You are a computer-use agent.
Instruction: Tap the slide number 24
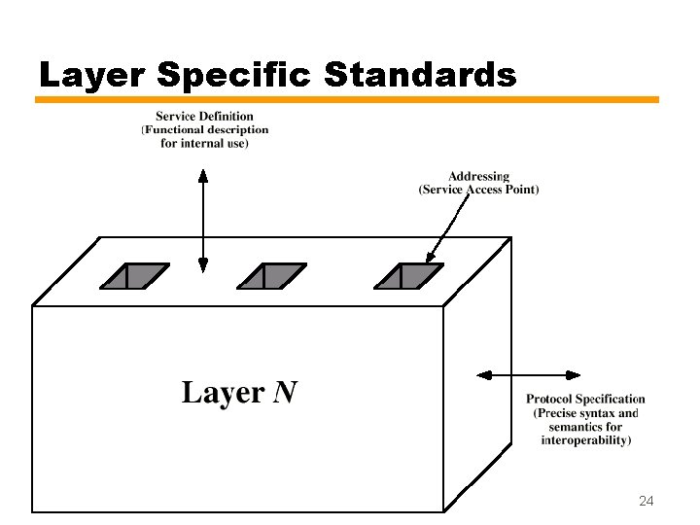click(646, 501)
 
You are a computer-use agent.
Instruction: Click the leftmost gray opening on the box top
click(134, 276)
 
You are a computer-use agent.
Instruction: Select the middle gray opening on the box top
click(272, 276)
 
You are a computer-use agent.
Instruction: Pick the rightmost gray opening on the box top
click(409, 276)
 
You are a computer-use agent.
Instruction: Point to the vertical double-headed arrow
click(203, 220)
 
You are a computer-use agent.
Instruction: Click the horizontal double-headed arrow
click(528, 375)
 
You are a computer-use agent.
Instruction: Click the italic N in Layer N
click(285, 393)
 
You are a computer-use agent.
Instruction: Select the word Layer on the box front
click(223, 393)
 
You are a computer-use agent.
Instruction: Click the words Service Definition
click(204, 117)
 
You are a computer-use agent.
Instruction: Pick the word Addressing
click(478, 176)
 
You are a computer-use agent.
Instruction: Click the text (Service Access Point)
click(478, 190)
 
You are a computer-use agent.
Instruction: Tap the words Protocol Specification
click(585, 399)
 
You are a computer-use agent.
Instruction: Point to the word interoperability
click(586, 440)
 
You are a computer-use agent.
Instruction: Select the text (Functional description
click(204, 130)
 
